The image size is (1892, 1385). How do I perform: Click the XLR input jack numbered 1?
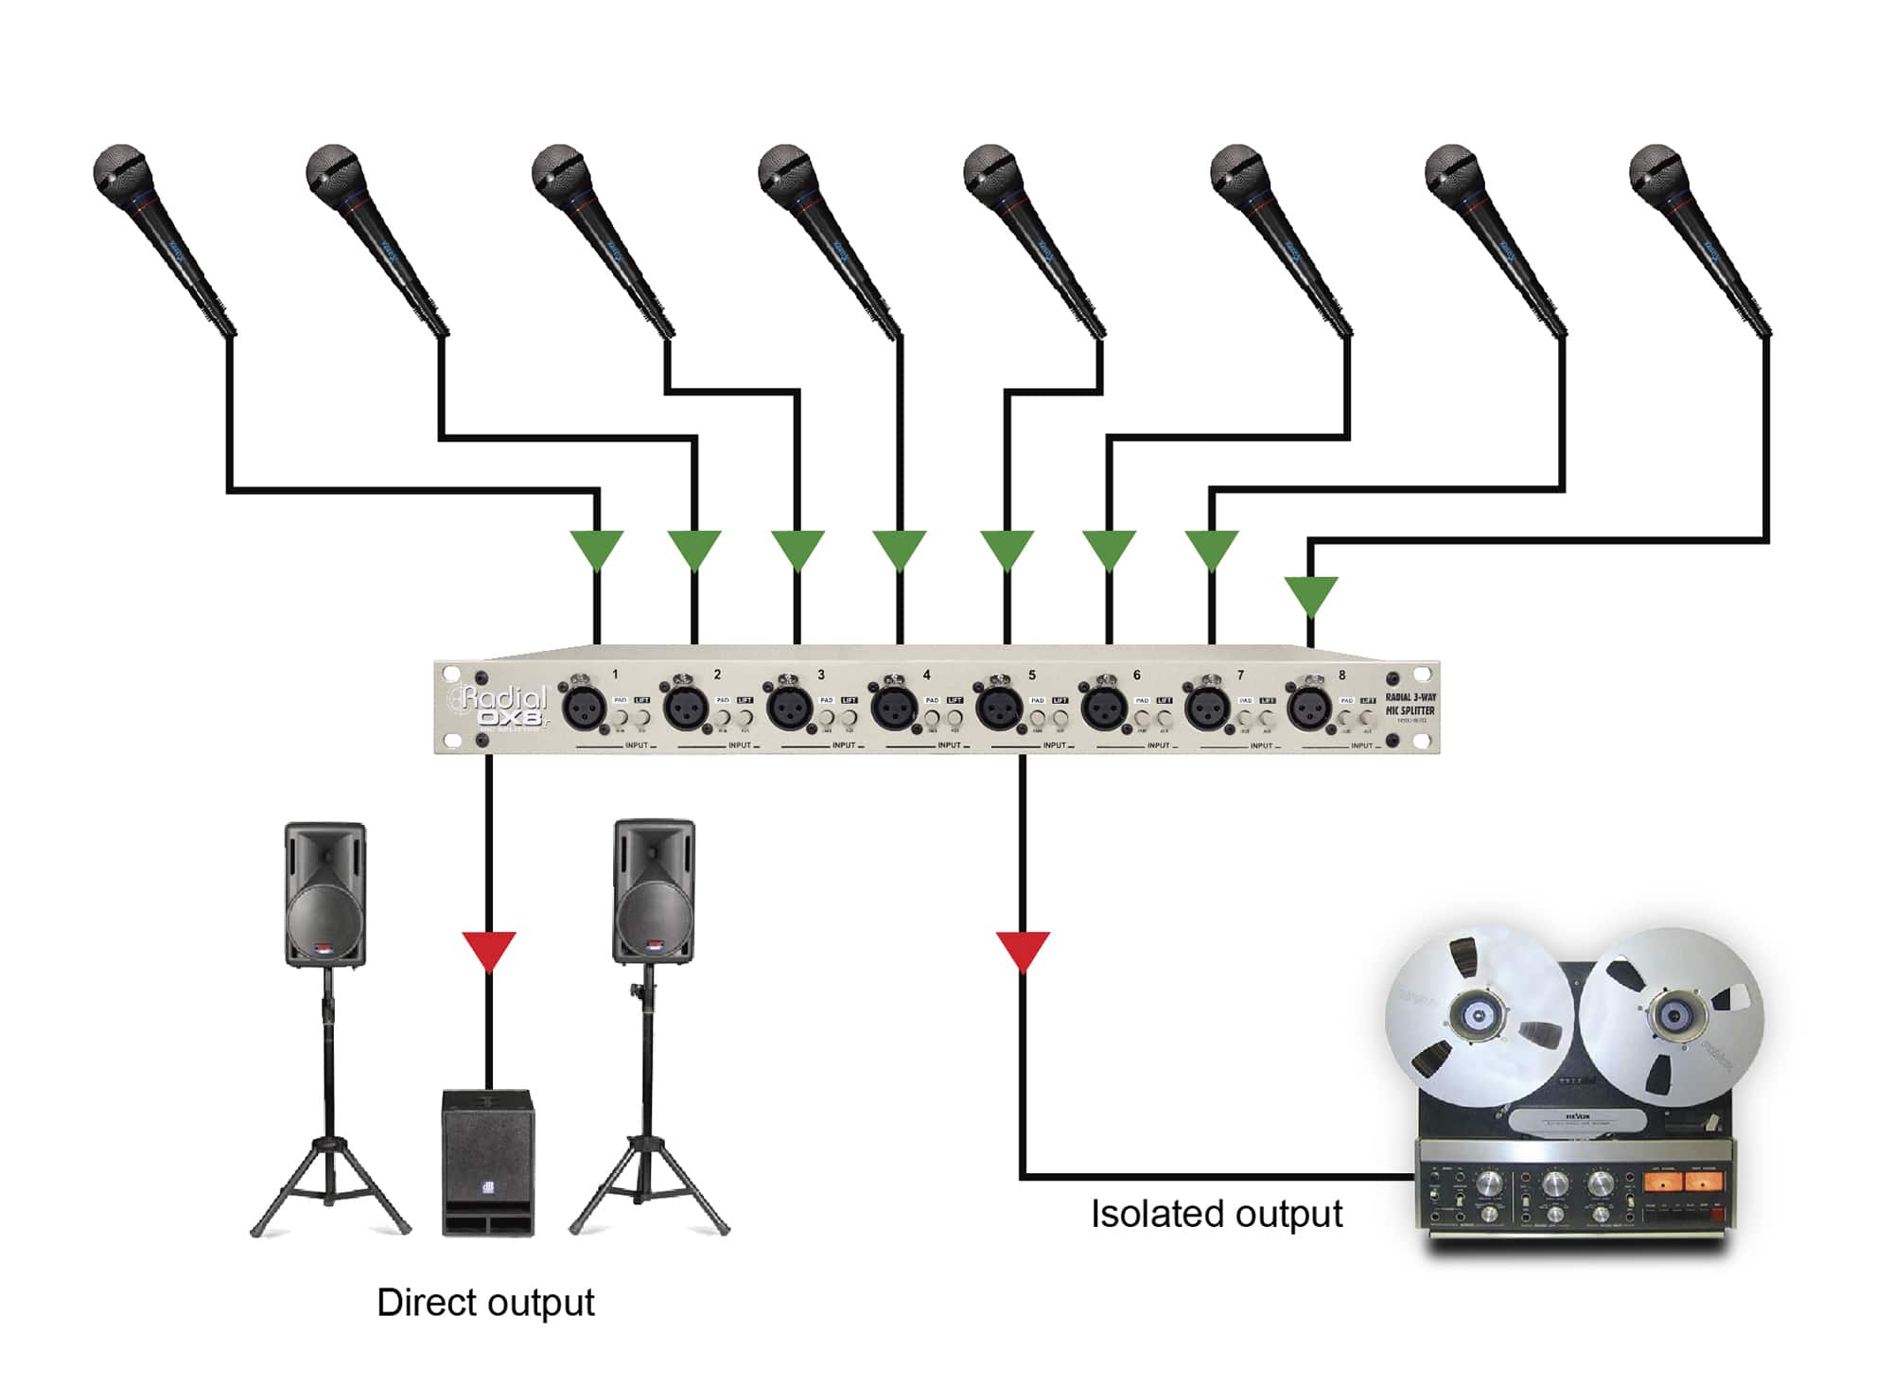(584, 707)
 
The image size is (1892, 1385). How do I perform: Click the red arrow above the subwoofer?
(489, 950)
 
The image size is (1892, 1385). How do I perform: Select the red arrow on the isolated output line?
(1023, 950)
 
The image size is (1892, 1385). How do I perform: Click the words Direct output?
(485, 1303)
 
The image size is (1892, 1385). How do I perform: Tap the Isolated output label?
(1216, 1214)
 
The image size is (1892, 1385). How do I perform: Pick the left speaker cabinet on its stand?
(324, 894)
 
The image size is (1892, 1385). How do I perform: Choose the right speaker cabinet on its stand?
(653, 892)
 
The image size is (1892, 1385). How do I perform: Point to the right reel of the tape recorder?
(1672, 1014)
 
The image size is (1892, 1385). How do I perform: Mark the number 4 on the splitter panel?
(926, 675)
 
